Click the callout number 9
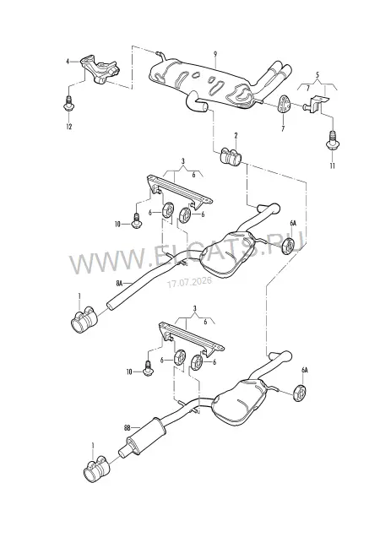(215, 54)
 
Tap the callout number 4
(68, 62)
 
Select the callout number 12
(69, 127)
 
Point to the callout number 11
(332, 165)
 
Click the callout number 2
(236, 136)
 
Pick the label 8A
(119, 283)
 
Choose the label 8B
(128, 427)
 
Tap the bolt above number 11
(332, 141)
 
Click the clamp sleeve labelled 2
(230, 156)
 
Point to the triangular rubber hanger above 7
(284, 104)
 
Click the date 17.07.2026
(189, 282)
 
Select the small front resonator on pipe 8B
(145, 437)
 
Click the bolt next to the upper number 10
(137, 220)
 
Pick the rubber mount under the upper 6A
(289, 245)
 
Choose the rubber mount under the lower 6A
(300, 393)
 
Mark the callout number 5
(317, 73)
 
